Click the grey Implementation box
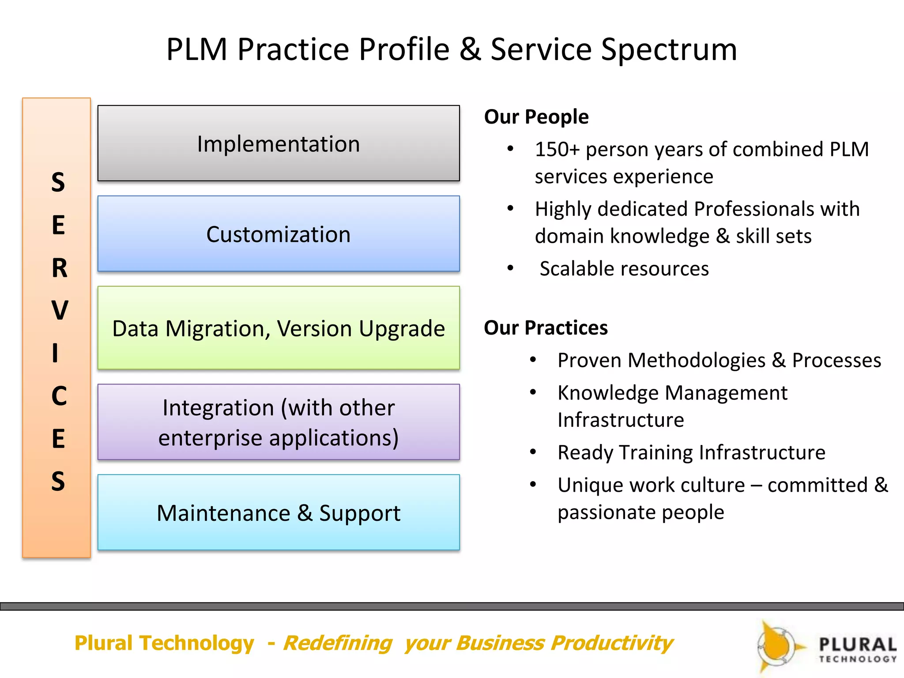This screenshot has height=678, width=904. [279, 143]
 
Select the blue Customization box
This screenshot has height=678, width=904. [279, 234]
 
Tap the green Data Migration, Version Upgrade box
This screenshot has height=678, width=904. [279, 328]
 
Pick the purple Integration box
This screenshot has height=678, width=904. [279, 422]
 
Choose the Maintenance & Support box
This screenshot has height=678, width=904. [279, 512]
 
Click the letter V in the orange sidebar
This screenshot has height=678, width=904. [60, 310]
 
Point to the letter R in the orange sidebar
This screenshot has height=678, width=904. [60, 268]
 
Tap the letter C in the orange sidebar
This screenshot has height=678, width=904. [59, 396]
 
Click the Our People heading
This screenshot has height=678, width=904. [536, 117]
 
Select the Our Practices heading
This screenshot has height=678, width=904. [546, 328]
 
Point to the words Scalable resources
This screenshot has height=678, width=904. [624, 269]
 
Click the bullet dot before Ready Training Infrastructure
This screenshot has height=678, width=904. [533, 452]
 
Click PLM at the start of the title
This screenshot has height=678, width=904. [196, 49]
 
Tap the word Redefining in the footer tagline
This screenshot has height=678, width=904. [337, 643]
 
